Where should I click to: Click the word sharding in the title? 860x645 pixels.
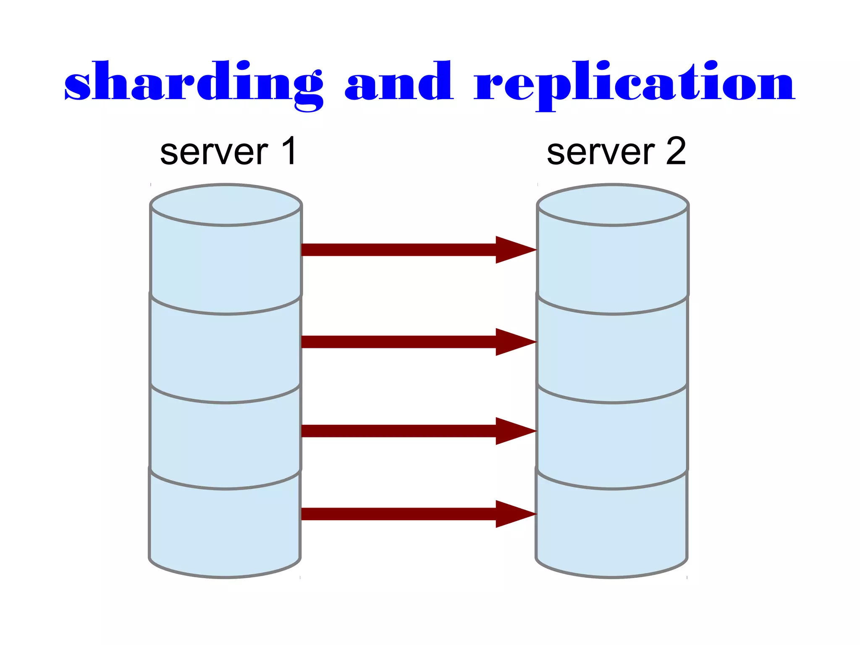tap(193, 82)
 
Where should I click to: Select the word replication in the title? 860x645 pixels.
tap(634, 82)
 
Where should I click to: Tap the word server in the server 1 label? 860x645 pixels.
tap(214, 152)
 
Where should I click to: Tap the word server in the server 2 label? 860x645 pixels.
tap(600, 152)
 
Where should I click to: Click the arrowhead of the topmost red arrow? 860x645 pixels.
tap(514, 250)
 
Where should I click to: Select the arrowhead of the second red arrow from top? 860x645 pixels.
tap(514, 342)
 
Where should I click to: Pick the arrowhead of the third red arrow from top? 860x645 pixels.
tap(514, 431)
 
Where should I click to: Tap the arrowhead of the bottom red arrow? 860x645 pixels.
tap(514, 513)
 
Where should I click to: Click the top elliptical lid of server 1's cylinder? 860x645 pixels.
tap(226, 205)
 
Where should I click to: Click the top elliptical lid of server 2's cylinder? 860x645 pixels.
tap(613, 205)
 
